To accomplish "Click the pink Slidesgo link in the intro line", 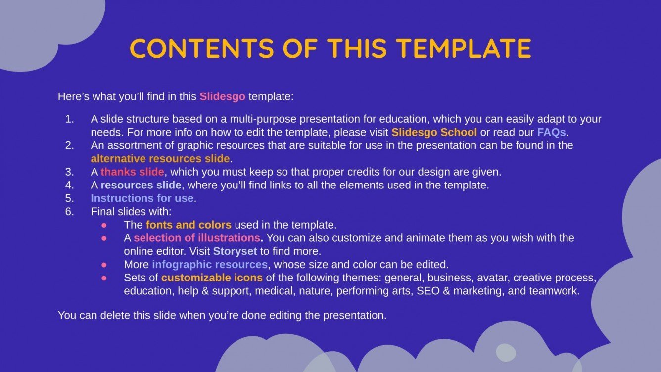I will click(x=222, y=96).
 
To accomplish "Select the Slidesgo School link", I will click(x=434, y=132).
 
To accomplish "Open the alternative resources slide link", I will click(x=160, y=159).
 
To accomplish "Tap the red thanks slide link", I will click(x=132, y=172).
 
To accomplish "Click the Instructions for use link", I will click(x=142, y=198).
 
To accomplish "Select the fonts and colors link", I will click(x=189, y=225).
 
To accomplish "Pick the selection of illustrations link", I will click(x=197, y=238).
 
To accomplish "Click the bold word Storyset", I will click(x=235, y=251).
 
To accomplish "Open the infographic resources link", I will click(x=210, y=264).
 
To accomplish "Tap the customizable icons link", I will click(x=212, y=278).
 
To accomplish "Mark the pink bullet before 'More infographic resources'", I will click(x=104, y=264).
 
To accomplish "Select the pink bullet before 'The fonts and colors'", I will click(x=104, y=225).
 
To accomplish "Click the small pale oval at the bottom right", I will click(x=506, y=352).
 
